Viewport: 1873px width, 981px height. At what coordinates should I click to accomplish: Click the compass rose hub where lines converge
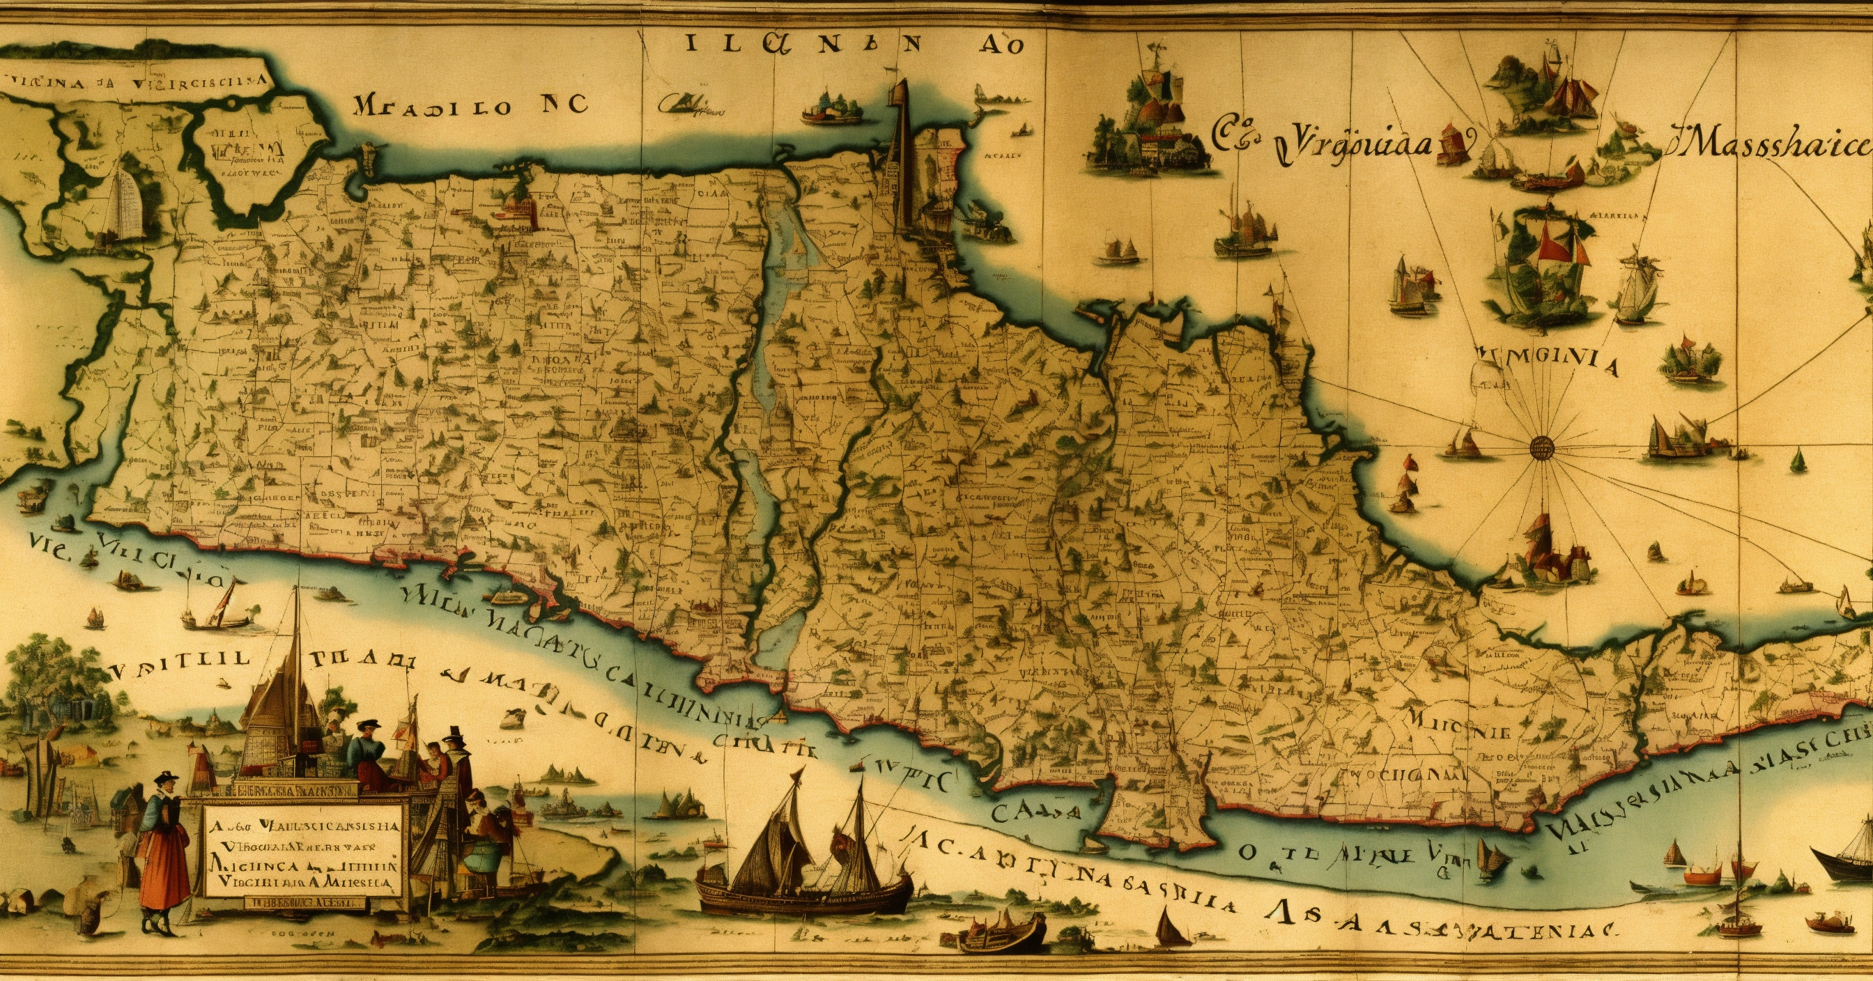(x=1540, y=446)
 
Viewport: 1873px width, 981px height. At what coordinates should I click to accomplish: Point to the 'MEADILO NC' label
(x=469, y=106)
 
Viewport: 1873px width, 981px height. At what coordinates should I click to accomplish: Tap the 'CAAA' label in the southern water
(x=1035, y=812)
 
